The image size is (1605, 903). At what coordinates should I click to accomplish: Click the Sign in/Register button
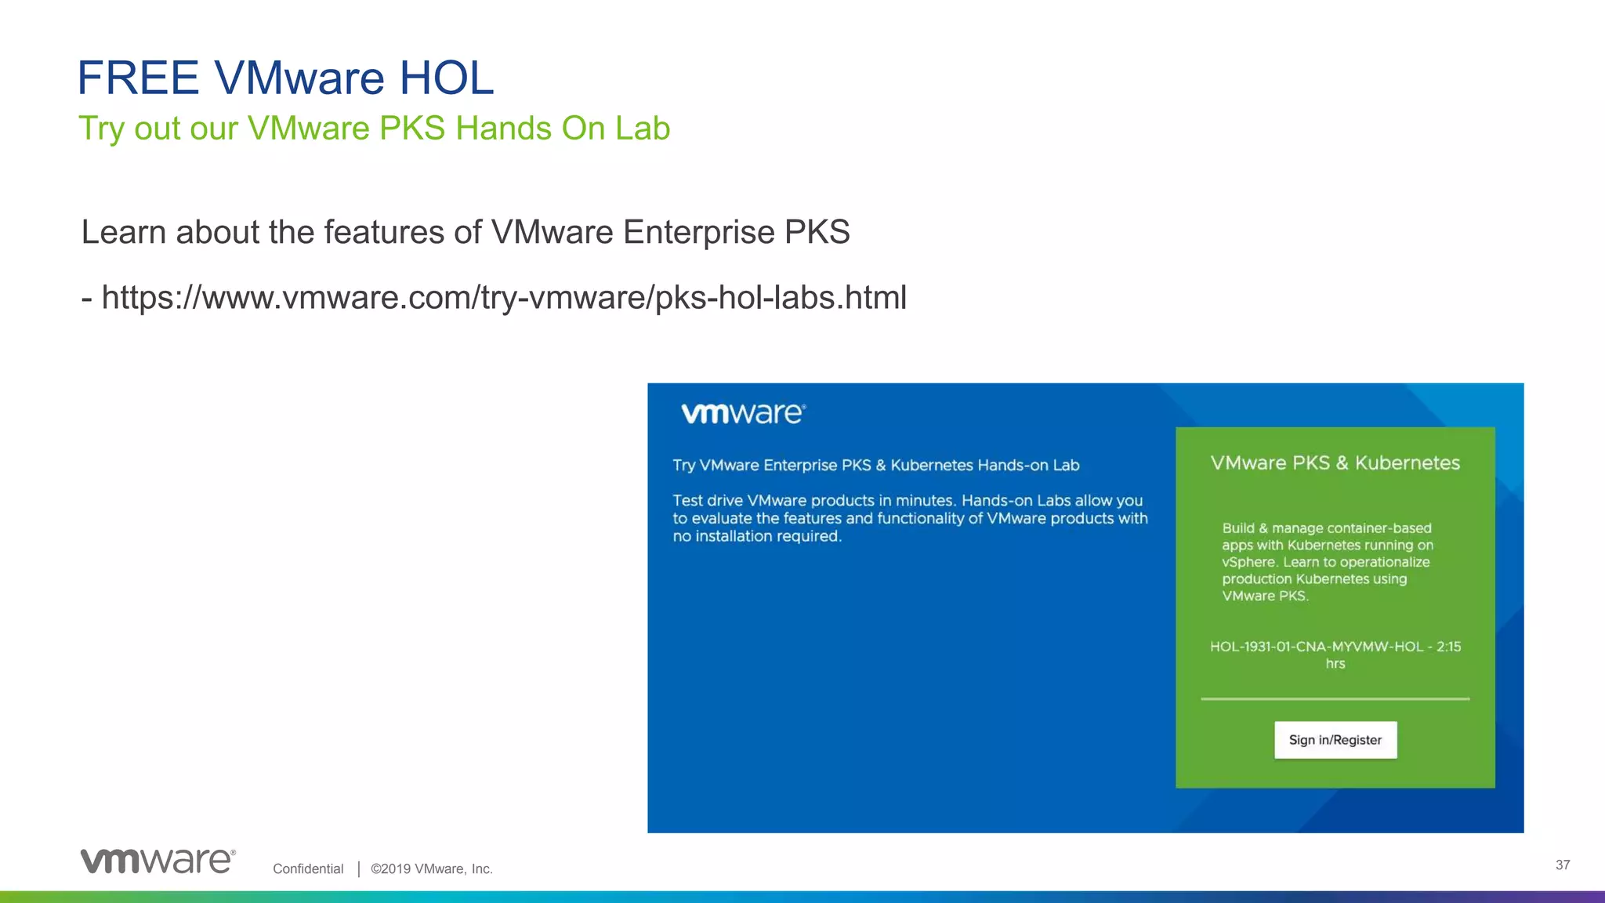(x=1335, y=740)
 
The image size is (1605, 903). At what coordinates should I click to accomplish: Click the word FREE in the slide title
(x=138, y=78)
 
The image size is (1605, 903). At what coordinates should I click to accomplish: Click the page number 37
(x=1562, y=865)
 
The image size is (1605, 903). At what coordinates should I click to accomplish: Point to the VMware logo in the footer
(x=158, y=861)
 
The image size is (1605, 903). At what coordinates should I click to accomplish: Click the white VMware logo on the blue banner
(x=743, y=413)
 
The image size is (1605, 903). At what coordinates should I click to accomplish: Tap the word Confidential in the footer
(x=308, y=869)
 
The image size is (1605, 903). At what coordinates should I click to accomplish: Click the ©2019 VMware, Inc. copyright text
(x=432, y=869)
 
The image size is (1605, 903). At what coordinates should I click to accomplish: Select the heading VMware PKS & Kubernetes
(x=1335, y=463)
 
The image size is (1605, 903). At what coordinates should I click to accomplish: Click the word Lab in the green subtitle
(x=642, y=129)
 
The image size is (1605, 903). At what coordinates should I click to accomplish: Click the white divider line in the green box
(x=1335, y=698)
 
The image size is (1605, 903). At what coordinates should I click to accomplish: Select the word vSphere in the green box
(x=1249, y=562)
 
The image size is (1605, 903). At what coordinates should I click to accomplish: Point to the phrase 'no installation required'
(x=756, y=537)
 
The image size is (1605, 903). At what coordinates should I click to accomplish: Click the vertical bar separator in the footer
(x=358, y=869)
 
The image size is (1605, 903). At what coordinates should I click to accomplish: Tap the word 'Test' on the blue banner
(x=687, y=500)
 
